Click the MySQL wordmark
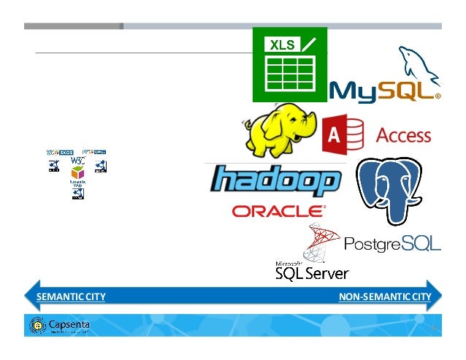(x=385, y=91)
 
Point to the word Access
(x=403, y=136)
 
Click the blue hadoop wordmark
(x=275, y=181)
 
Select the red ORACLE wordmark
(x=278, y=211)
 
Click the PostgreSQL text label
(x=392, y=243)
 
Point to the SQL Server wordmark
(x=312, y=273)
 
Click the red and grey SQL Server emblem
(x=322, y=242)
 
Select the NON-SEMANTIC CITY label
(x=385, y=296)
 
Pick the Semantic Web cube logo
(x=77, y=176)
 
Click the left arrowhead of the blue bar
(x=29, y=296)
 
